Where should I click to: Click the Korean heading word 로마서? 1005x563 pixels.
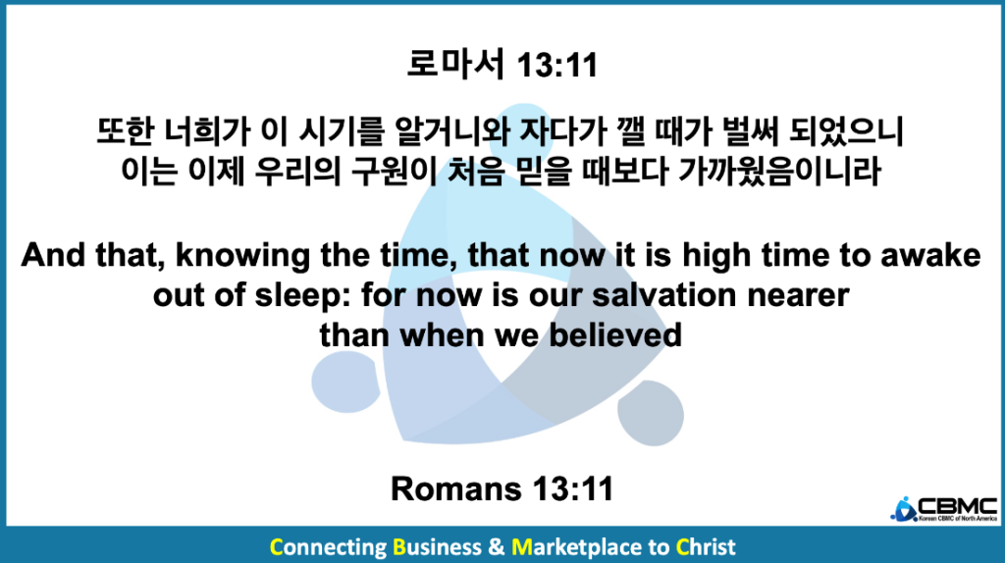455,65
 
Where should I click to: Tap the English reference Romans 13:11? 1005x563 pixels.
502,488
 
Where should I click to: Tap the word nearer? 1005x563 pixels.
798,296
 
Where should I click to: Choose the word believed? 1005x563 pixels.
615,335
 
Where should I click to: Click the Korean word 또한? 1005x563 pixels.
126,131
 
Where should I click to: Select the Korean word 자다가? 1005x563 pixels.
562,131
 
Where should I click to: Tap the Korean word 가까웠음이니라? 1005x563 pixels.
779,171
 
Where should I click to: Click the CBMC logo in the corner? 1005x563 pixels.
943,509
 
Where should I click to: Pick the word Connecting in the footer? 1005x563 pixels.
328,547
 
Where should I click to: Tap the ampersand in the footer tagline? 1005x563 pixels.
496,547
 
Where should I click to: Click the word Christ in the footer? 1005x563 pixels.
706,547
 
